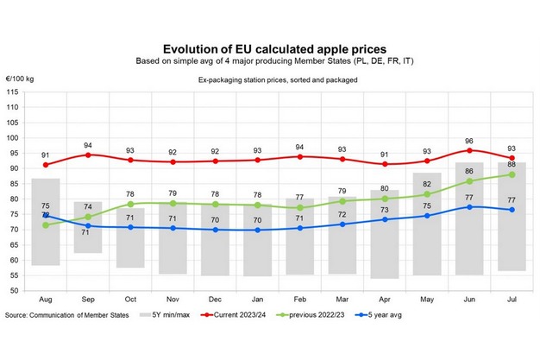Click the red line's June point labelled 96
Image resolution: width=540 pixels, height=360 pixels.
[469, 150]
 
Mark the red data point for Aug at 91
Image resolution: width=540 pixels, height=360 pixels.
[46, 165]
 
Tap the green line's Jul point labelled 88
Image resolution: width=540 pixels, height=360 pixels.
[512, 174]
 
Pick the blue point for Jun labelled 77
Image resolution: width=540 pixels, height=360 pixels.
[469, 206]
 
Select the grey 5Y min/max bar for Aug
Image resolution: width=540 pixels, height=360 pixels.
[46, 222]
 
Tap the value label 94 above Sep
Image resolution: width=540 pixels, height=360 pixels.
[88, 145]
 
